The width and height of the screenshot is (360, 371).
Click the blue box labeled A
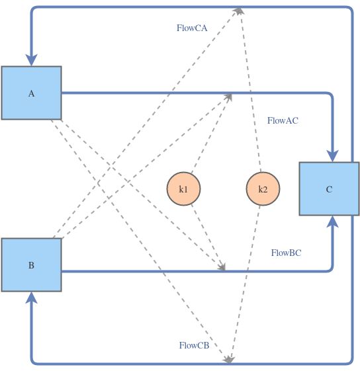(x=31, y=93)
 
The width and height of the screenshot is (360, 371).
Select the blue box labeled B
(x=31, y=265)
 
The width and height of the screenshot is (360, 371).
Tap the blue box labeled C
(x=329, y=188)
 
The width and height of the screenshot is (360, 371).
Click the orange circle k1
(x=183, y=189)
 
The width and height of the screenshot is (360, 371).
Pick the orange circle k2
(x=263, y=189)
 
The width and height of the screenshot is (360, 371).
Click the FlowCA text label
(x=192, y=28)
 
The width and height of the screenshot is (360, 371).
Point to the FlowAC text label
(x=283, y=120)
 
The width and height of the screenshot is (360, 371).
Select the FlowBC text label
(x=287, y=253)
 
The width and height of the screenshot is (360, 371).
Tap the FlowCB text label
(x=194, y=345)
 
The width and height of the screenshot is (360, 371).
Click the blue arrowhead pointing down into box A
(x=31, y=59)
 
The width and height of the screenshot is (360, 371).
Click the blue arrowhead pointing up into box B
(x=31, y=299)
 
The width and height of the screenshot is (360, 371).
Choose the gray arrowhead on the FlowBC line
(x=222, y=267)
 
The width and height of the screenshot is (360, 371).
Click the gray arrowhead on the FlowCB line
(x=228, y=359)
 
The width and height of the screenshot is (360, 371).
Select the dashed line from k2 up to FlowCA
(x=251, y=93)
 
